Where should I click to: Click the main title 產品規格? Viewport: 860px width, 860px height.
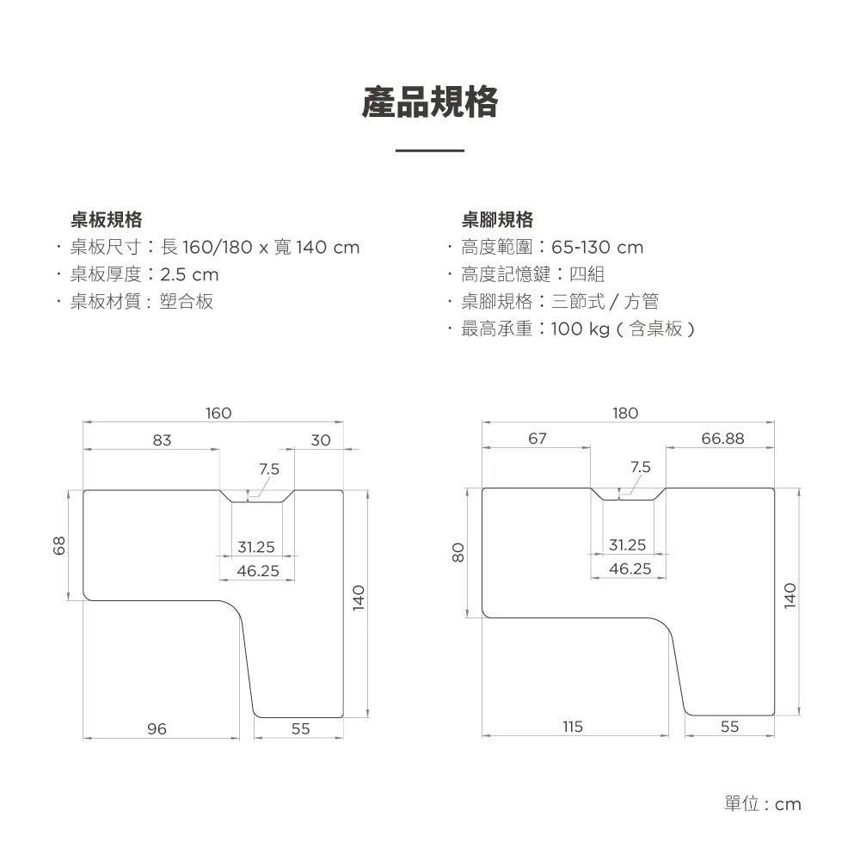[x=430, y=102]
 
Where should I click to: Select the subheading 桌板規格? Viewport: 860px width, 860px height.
[x=107, y=220]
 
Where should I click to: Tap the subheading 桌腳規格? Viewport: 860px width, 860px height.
[x=497, y=220]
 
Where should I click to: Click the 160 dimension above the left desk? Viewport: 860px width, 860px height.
[x=218, y=413]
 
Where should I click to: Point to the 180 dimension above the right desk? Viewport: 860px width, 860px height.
[x=625, y=413]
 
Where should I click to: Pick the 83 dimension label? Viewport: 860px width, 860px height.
[x=163, y=439]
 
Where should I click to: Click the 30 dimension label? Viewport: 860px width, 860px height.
[x=321, y=439]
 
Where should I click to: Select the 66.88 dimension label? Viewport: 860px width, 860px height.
[x=723, y=439]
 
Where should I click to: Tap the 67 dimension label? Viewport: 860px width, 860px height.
[x=537, y=439]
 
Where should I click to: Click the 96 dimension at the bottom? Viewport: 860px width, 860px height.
[x=157, y=729]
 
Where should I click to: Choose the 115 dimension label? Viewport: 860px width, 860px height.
[x=573, y=727]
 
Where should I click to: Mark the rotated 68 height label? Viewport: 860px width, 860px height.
[x=59, y=545]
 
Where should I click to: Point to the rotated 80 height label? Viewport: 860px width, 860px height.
[x=458, y=552]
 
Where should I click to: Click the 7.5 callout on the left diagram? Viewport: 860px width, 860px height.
[x=269, y=469]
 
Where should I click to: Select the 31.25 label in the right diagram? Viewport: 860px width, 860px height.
[x=628, y=545]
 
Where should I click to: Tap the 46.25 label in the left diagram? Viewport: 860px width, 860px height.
[x=258, y=571]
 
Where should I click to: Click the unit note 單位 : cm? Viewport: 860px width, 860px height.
[x=763, y=804]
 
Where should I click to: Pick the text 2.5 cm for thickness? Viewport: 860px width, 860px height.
[x=189, y=274]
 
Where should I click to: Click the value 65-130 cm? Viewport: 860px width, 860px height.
[x=598, y=248]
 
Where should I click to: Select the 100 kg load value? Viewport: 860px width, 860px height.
[x=580, y=329]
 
